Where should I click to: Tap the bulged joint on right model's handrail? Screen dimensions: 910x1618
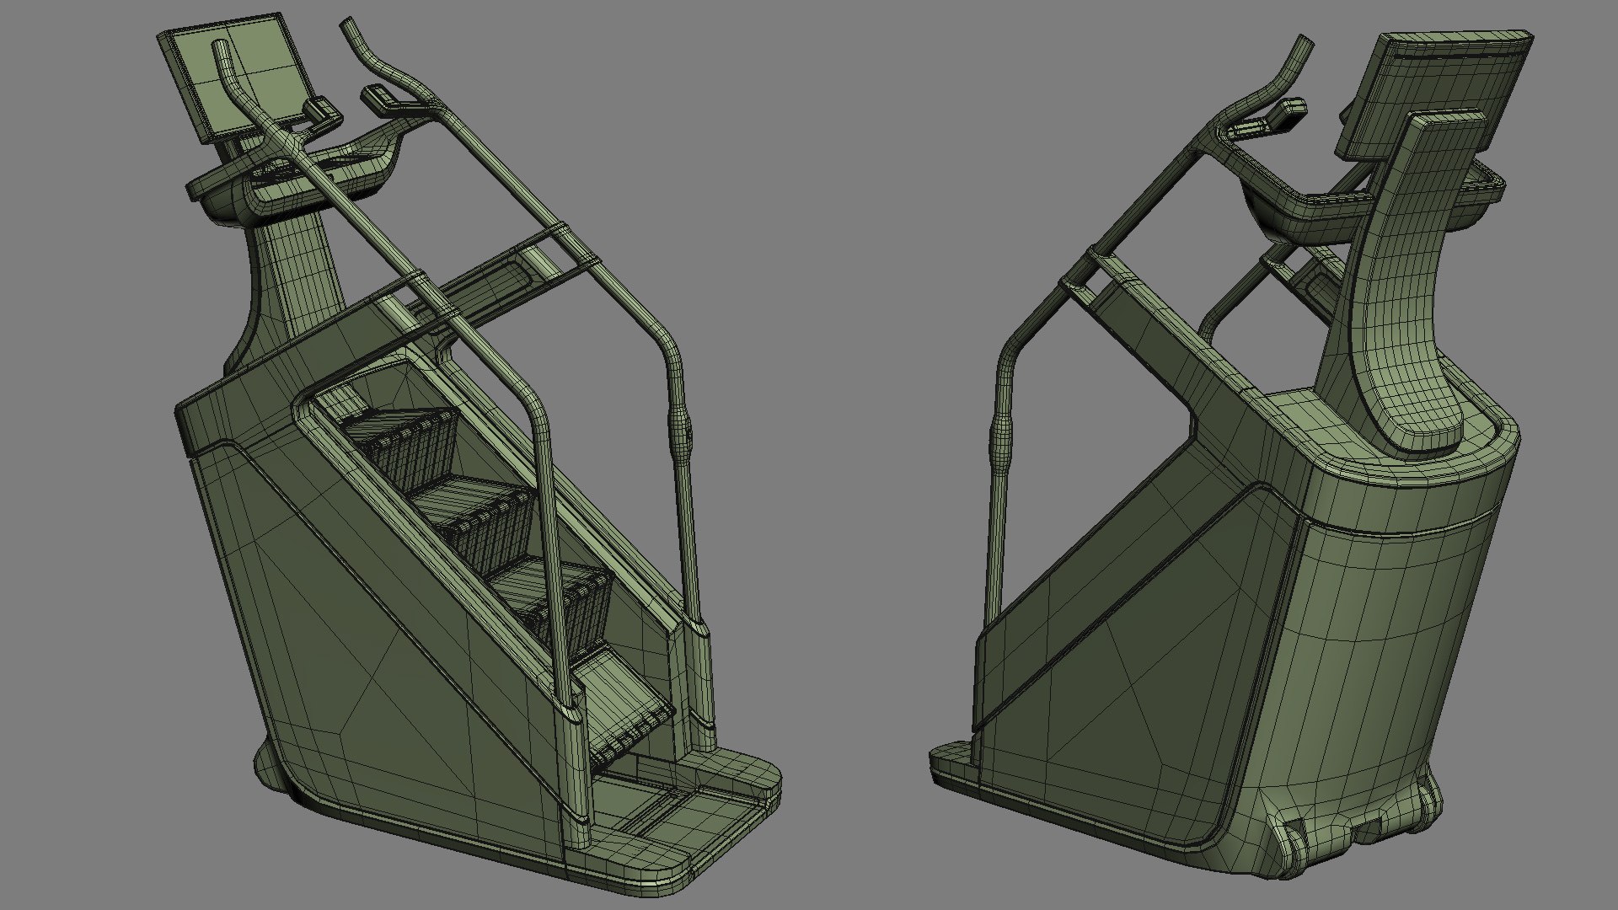click(x=1002, y=438)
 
